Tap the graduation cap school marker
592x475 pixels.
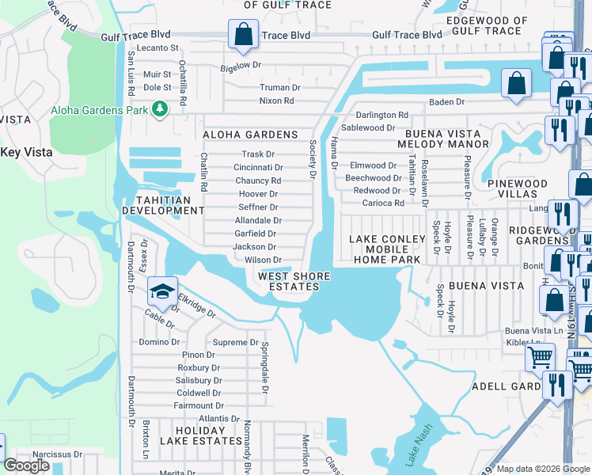click(162, 292)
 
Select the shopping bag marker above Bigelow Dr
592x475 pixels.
click(242, 35)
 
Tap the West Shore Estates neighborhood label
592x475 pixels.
click(288, 281)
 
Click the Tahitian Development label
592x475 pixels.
click(162, 205)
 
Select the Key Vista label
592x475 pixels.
click(26, 152)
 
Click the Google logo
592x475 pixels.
click(27, 465)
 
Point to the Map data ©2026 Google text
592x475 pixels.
click(543, 469)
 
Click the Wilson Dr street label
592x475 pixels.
click(263, 260)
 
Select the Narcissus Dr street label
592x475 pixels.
click(51, 455)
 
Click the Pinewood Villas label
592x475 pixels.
click(518, 189)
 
